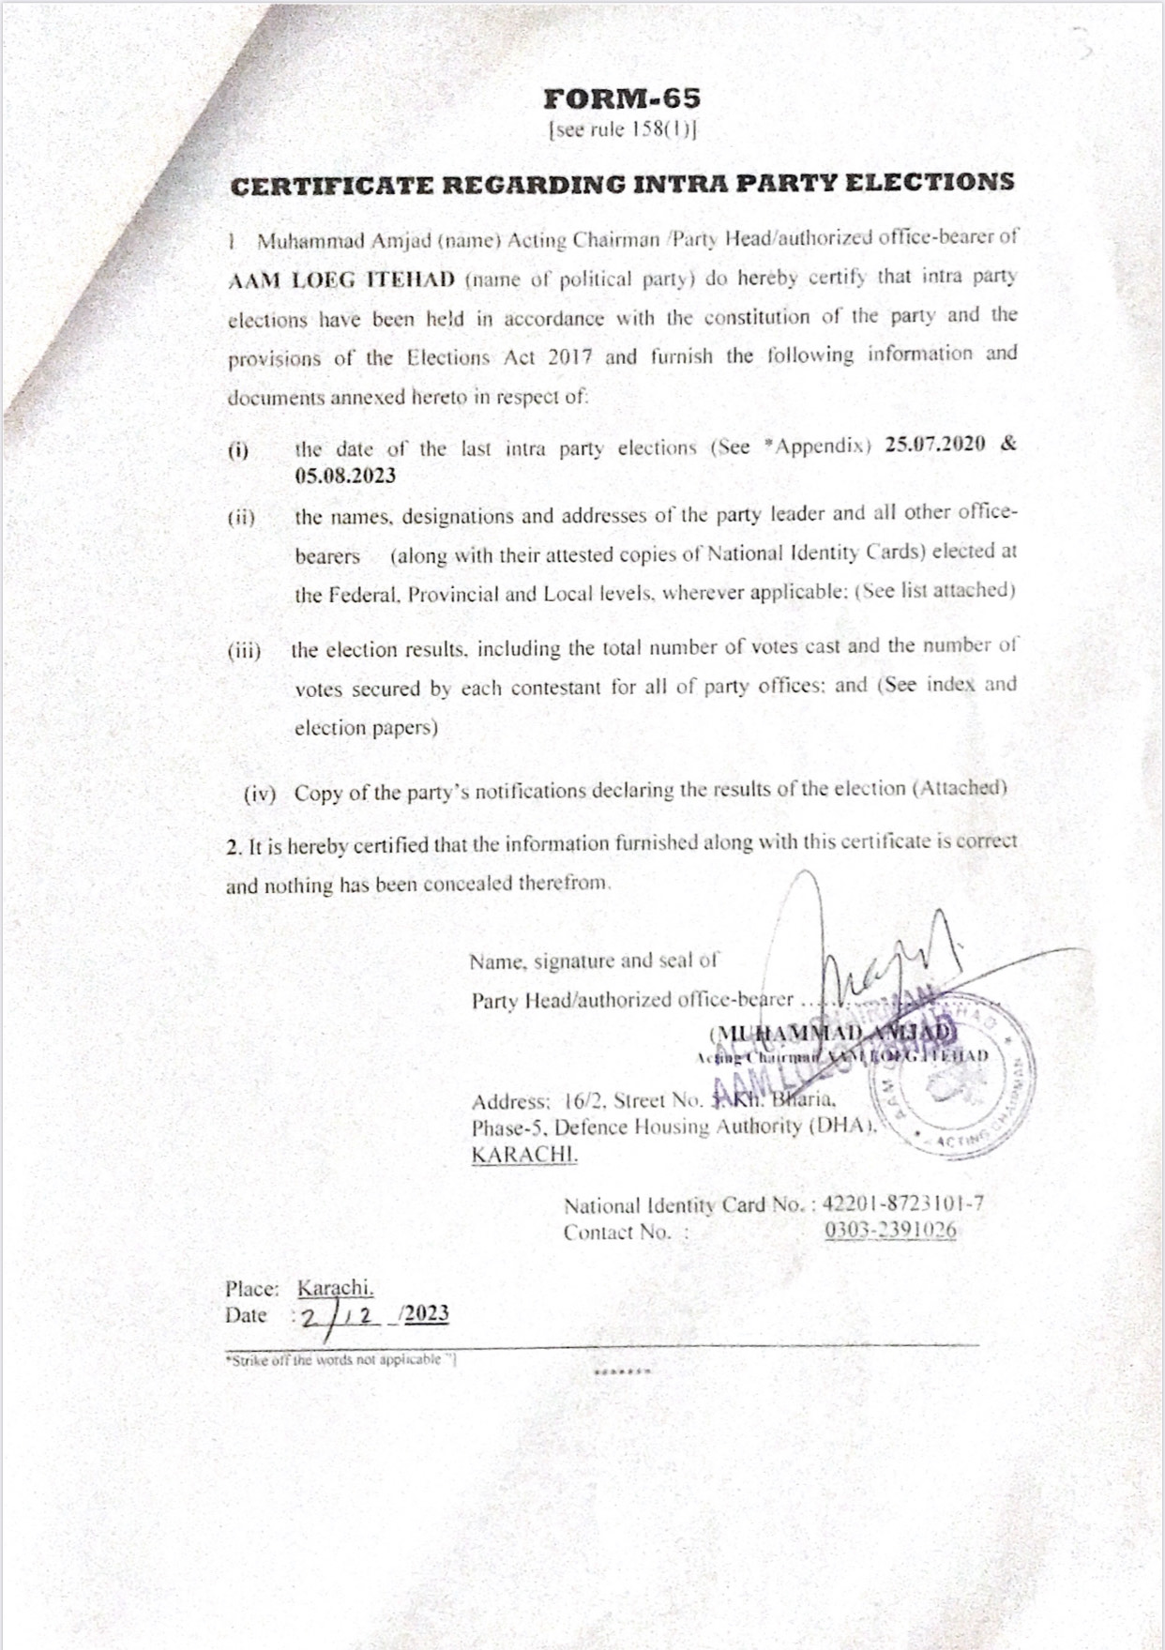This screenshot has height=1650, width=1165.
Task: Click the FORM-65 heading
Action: [622, 98]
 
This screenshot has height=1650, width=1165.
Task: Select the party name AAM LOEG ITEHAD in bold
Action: [341, 280]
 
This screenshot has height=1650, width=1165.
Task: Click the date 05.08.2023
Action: [345, 476]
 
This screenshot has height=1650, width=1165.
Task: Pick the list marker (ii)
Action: [241, 517]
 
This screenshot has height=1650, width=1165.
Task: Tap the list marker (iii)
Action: [244, 650]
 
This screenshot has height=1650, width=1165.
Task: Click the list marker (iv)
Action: [260, 794]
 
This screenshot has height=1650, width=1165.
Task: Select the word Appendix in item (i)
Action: [818, 446]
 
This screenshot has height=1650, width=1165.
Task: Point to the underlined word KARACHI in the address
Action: [524, 1155]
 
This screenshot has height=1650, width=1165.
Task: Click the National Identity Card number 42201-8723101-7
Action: [903, 1203]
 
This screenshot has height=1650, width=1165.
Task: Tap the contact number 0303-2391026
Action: [890, 1231]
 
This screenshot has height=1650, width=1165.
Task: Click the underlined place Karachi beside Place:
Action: [335, 1288]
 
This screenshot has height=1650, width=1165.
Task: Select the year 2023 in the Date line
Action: [427, 1313]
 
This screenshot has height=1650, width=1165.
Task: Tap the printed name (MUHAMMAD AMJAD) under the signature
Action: [833, 1033]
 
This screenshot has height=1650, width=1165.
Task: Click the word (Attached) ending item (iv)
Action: [960, 788]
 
